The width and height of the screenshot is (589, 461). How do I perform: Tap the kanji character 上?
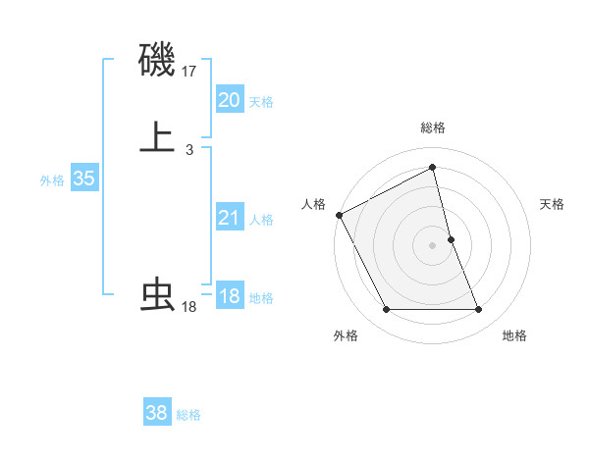coord(157,136)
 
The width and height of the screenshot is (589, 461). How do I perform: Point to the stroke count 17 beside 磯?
coord(189,72)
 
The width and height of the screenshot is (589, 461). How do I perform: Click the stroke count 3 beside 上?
coord(188,149)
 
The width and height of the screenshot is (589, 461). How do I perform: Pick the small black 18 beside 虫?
coord(188,307)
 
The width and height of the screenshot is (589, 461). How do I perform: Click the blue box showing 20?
coord(229,100)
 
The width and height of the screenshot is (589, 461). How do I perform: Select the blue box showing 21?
coord(229,218)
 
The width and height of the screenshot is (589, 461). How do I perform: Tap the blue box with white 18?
coord(229,296)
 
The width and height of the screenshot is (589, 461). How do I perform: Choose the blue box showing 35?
coord(83,179)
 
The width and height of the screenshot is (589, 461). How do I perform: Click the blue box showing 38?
coord(157,413)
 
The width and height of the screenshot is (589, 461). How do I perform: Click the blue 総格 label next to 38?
coord(188,415)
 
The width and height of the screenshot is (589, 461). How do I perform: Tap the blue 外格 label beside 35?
coord(52,180)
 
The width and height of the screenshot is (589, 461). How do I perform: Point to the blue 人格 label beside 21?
coord(261,220)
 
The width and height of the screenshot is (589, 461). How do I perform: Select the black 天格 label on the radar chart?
coord(553,204)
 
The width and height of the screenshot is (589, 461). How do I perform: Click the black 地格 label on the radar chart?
coord(514,335)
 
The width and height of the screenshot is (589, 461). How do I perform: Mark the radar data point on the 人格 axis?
coord(339,214)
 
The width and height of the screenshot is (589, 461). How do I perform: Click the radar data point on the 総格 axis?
coord(433,169)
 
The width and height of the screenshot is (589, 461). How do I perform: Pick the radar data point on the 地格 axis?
coord(479,310)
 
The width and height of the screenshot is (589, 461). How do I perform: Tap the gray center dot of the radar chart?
coord(433,244)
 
